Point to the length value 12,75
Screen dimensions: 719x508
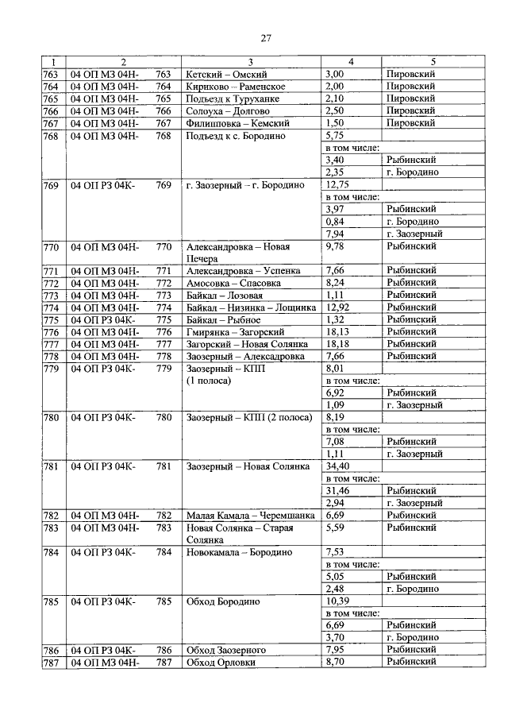point(338,184)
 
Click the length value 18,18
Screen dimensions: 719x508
point(337,344)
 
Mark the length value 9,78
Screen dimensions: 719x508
point(335,247)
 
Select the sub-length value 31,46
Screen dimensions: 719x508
point(337,491)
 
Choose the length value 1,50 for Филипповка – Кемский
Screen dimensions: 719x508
point(334,123)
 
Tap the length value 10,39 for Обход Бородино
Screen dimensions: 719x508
point(338,601)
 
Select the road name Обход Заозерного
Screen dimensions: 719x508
point(225,650)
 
